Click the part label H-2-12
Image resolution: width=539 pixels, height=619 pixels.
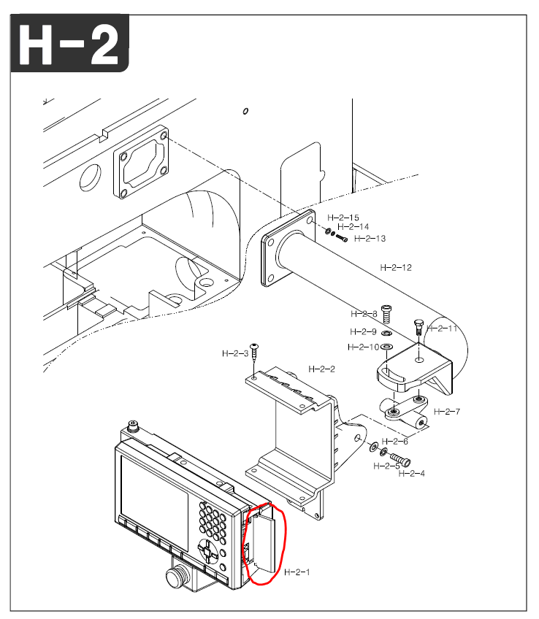coord(395,267)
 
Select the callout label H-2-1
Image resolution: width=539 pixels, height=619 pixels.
coord(297,572)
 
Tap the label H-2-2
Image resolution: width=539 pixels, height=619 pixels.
coord(321,369)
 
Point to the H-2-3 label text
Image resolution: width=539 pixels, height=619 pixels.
coord(235,353)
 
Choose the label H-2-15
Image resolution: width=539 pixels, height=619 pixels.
coord(343,218)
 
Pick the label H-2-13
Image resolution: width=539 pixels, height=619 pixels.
coord(370,239)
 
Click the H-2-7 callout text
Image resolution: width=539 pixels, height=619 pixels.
coord(446,412)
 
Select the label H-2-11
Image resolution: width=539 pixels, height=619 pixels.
coord(442,328)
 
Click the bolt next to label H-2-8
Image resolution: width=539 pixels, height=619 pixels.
coord(387,314)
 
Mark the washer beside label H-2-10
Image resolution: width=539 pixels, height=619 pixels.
coord(387,346)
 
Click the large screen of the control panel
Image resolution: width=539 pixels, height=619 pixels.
coord(153,491)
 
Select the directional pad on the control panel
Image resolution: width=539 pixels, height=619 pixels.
coord(207,551)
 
